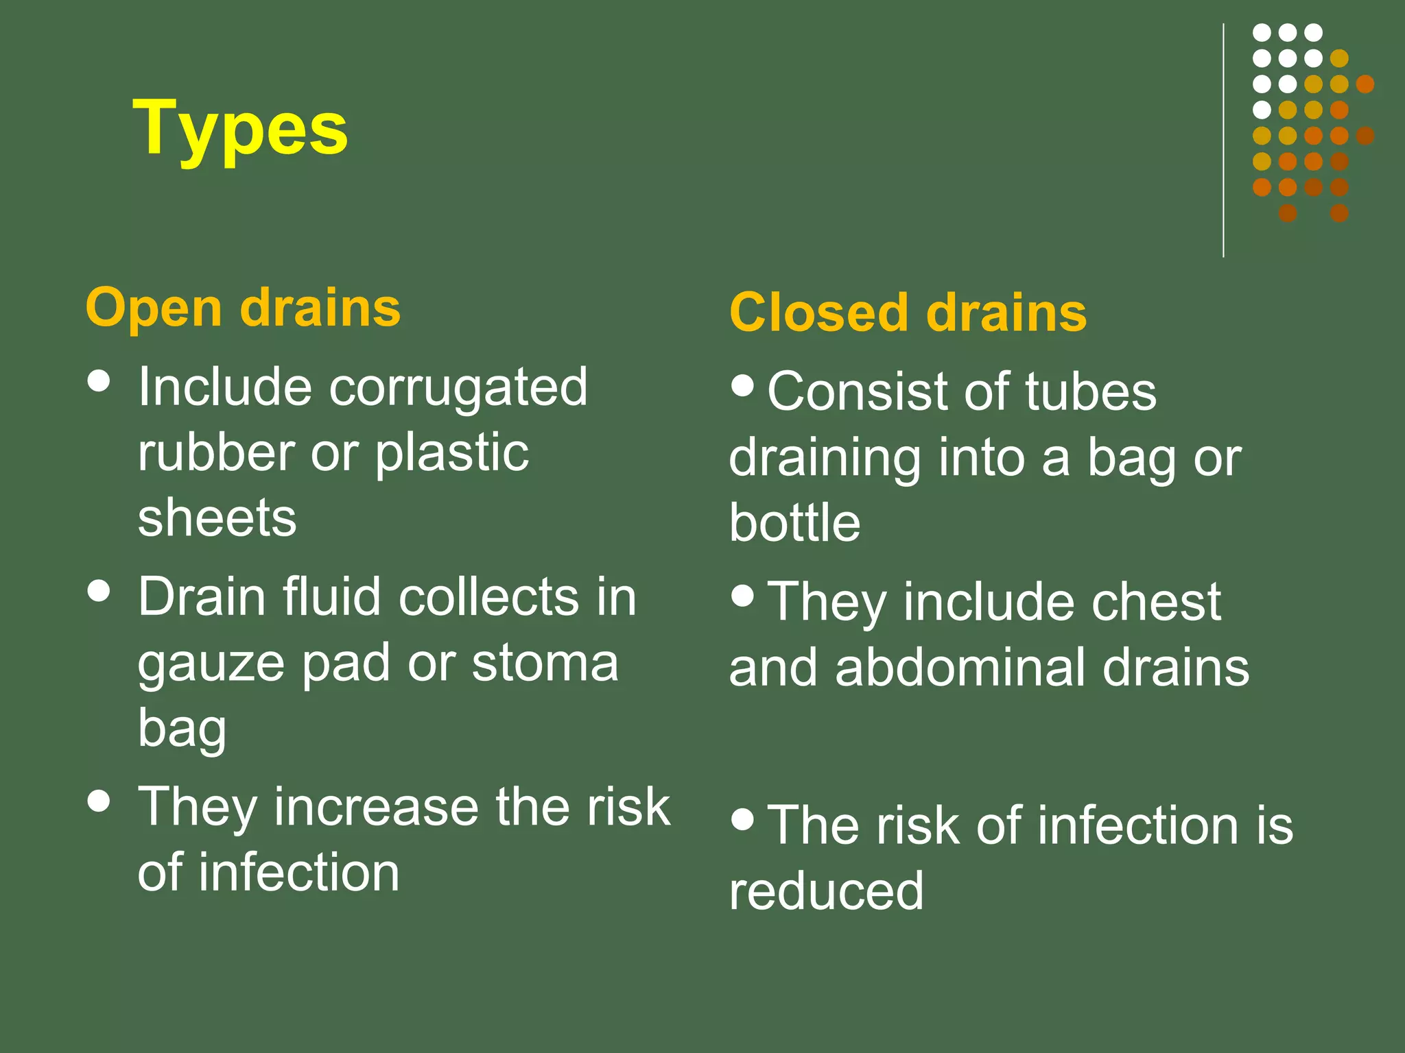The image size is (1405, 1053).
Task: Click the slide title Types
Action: coord(240,129)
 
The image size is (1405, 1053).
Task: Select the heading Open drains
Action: coord(243,308)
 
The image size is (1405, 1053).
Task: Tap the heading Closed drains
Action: coord(908,313)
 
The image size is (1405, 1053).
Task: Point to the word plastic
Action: coord(452,453)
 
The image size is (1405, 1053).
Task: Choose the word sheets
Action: coord(217,518)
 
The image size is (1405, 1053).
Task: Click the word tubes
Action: coord(1091,391)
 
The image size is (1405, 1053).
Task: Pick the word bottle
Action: coord(794,522)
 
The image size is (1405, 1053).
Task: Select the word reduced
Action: coord(826,891)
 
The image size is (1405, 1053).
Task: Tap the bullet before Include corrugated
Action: coord(99,381)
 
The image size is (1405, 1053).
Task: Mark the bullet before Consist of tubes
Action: coord(742,385)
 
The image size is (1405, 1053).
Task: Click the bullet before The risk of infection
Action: coord(742,819)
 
